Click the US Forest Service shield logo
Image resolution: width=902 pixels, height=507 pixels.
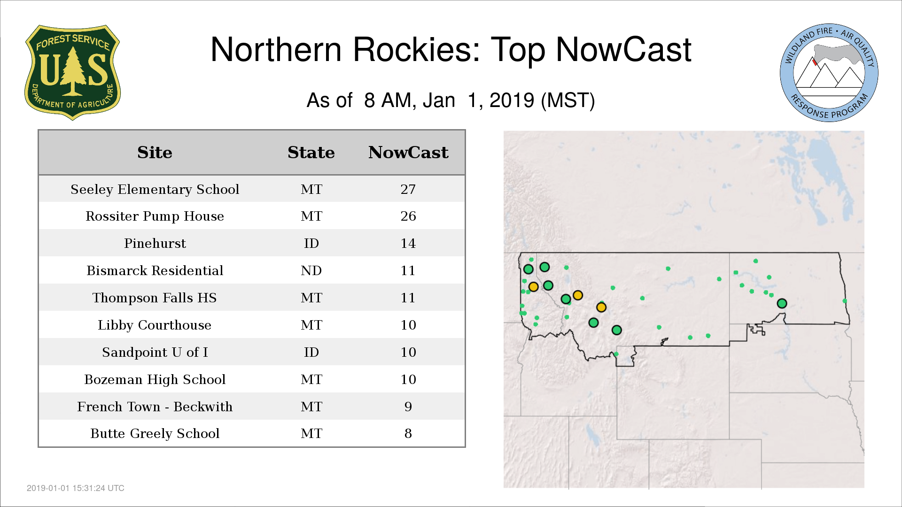pyautogui.click(x=72, y=72)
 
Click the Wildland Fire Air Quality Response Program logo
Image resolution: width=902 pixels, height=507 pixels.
pyautogui.click(x=829, y=73)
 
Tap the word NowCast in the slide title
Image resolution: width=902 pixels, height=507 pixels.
pyautogui.click(x=623, y=49)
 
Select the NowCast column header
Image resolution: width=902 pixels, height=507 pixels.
pyautogui.click(x=408, y=153)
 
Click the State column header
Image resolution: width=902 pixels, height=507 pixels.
pyautogui.click(x=311, y=153)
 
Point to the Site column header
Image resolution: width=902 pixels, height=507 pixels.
pyautogui.click(x=155, y=153)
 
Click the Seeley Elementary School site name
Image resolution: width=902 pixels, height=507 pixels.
pyautogui.click(x=155, y=189)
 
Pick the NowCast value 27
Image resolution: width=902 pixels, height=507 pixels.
pyautogui.click(x=408, y=189)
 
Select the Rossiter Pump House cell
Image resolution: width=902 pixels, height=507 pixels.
pyautogui.click(x=155, y=216)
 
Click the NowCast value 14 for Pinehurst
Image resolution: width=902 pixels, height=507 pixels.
pyautogui.click(x=408, y=243)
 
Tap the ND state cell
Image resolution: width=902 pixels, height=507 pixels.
pyautogui.click(x=311, y=270)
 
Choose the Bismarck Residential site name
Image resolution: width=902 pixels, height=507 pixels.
pyautogui.click(x=155, y=270)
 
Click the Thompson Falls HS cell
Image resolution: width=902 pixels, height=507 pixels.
pyautogui.click(x=155, y=298)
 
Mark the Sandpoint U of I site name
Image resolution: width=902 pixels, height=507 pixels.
pyautogui.click(x=155, y=352)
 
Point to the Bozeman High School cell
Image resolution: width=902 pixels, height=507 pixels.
pyautogui.click(x=155, y=379)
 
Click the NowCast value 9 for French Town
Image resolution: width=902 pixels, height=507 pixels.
pyautogui.click(x=408, y=407)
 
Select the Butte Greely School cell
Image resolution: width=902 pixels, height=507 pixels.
pyautogui.click(x=155, y=433)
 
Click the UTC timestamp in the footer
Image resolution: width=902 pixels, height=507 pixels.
pyautogui.click(x=76, y=488)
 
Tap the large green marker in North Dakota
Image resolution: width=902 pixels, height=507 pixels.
pyautogui.click(x=782, y=303)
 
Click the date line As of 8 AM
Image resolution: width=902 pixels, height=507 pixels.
pyautogui.click(x=451, y=100)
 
